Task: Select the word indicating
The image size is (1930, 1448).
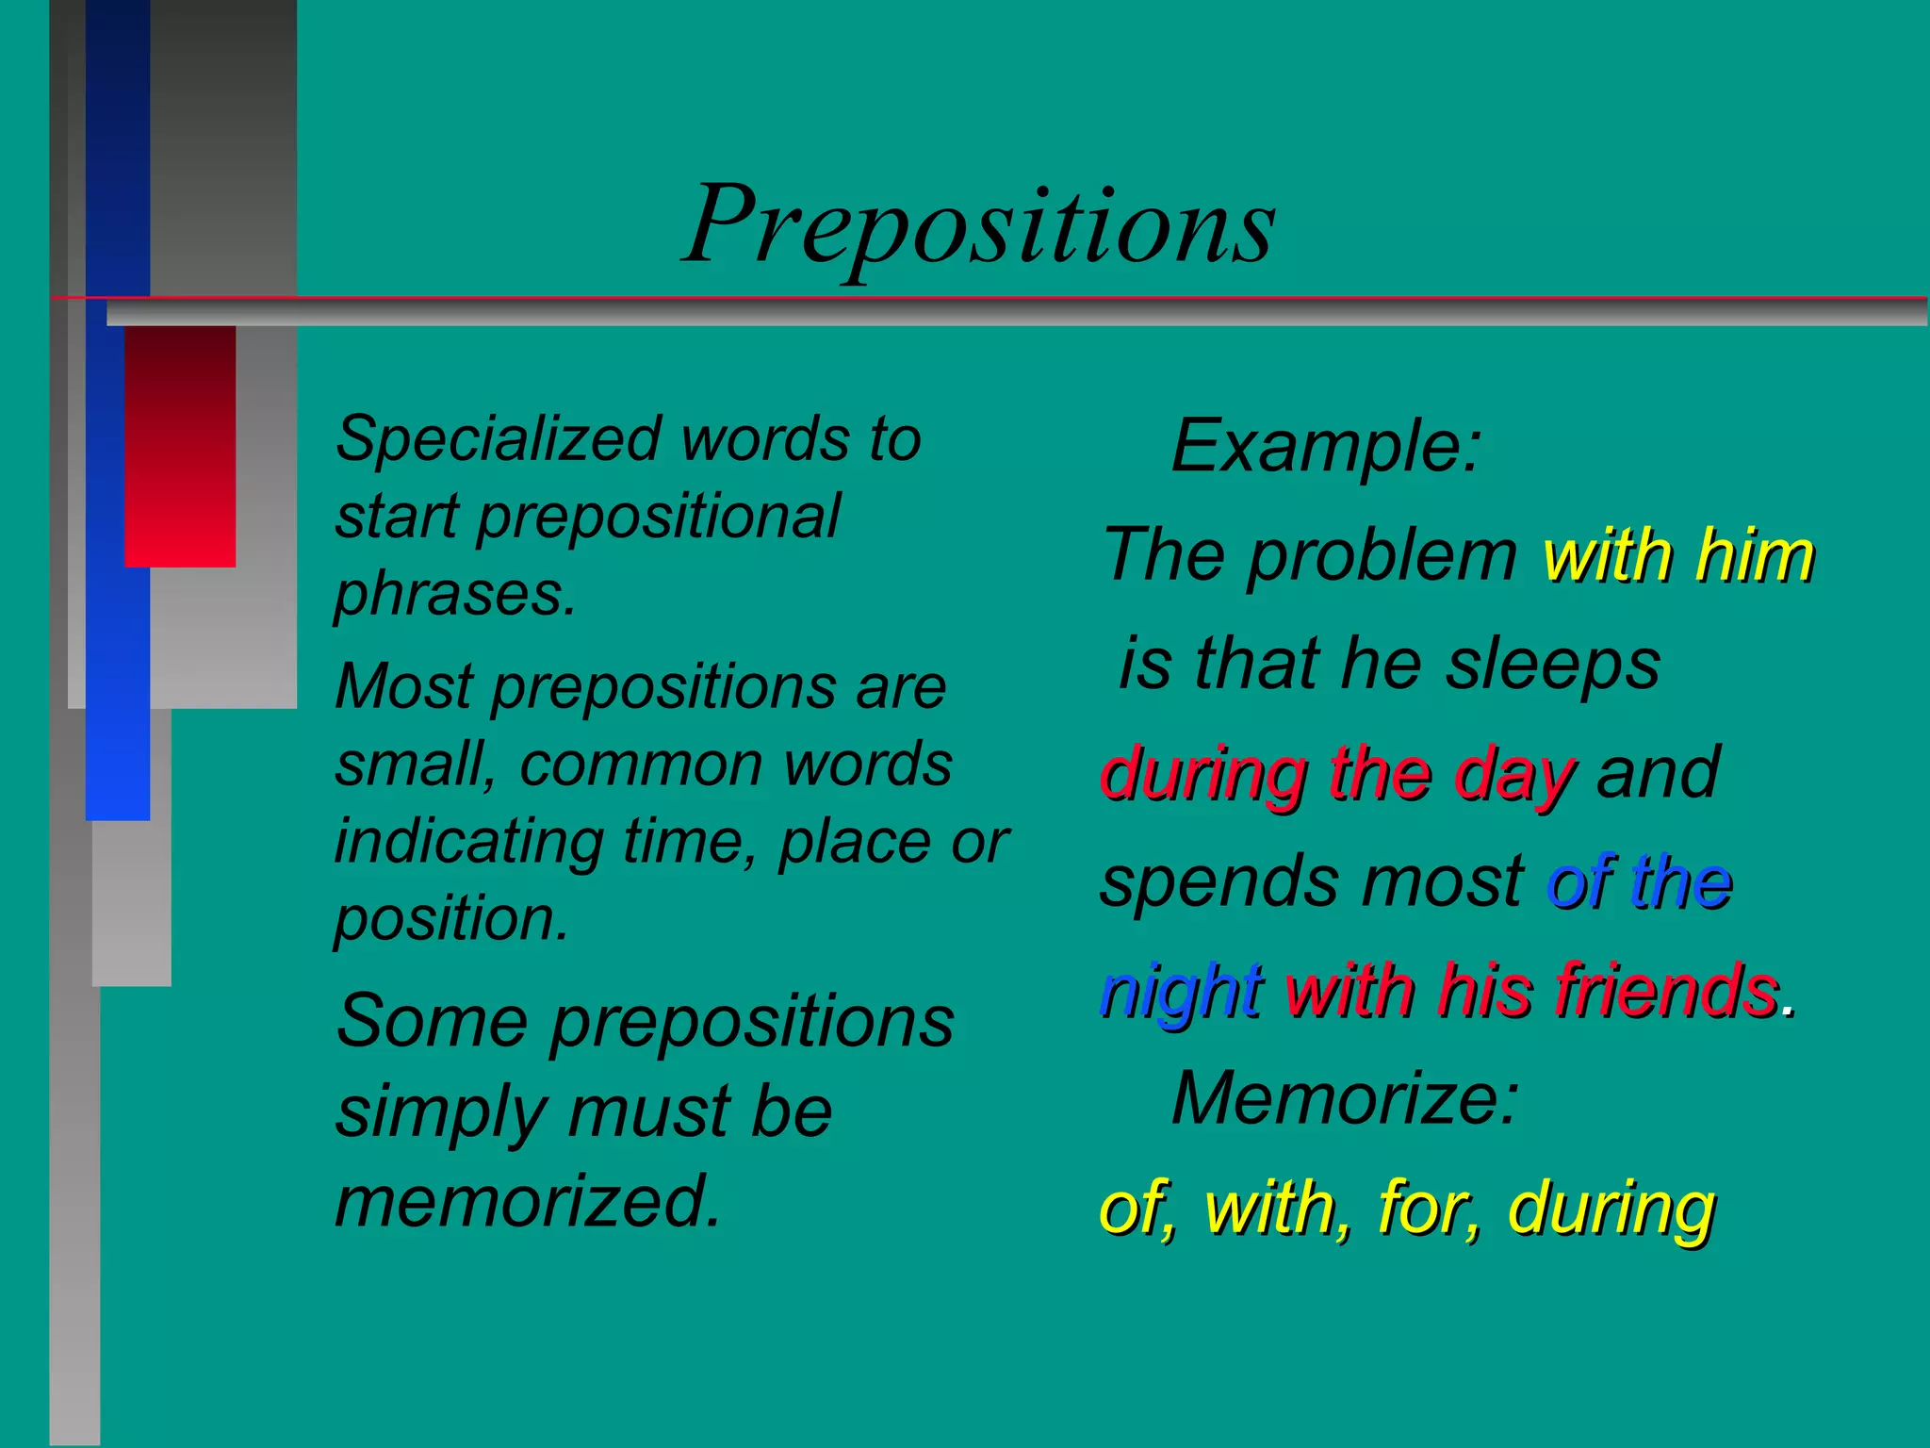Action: (469, 841)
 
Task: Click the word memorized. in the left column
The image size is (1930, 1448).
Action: (529, 1201)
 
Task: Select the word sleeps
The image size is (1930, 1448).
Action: (1553, 664)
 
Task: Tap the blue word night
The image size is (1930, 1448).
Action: (1181, 992)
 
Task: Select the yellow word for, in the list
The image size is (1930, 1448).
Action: (1429, 1208)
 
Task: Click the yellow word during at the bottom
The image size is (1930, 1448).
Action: (1611, 1209)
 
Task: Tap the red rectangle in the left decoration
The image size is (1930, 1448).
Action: (180, 446)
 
